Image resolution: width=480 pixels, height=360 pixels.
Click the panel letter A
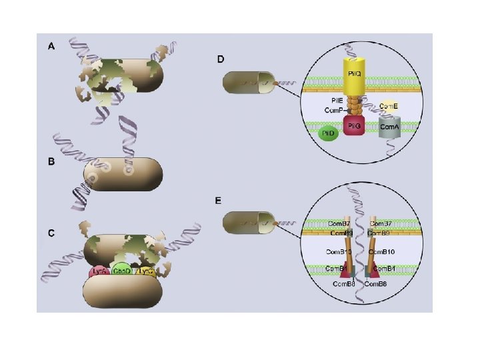(x=51, y=47)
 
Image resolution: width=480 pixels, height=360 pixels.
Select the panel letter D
(x=221, y=59)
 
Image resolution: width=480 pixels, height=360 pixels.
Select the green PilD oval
(x=327, y=133)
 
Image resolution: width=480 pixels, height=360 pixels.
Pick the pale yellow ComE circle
(x=389, y=105)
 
